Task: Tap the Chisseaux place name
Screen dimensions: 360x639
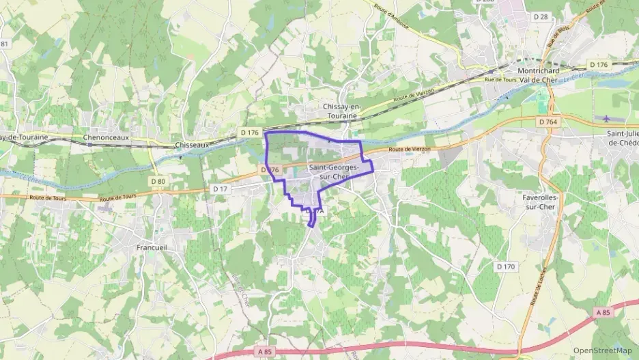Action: tap(191, 145)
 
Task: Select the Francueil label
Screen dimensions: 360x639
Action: tap(152, 247)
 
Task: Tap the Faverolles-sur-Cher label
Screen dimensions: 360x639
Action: tap(539, 202)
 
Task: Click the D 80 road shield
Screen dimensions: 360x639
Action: tap(157, 181)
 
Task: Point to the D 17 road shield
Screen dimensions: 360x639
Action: tap(220, 189)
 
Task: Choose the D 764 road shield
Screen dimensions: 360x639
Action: tap(548, 122)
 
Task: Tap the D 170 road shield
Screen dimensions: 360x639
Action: tap(506, 266)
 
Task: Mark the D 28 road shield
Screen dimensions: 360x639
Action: tap(541, 16)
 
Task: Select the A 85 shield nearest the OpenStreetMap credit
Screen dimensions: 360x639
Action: tap(601, 312)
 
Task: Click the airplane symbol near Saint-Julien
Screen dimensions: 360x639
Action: tap(608, 119)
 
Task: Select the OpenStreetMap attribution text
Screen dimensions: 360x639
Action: tap(602, 350)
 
